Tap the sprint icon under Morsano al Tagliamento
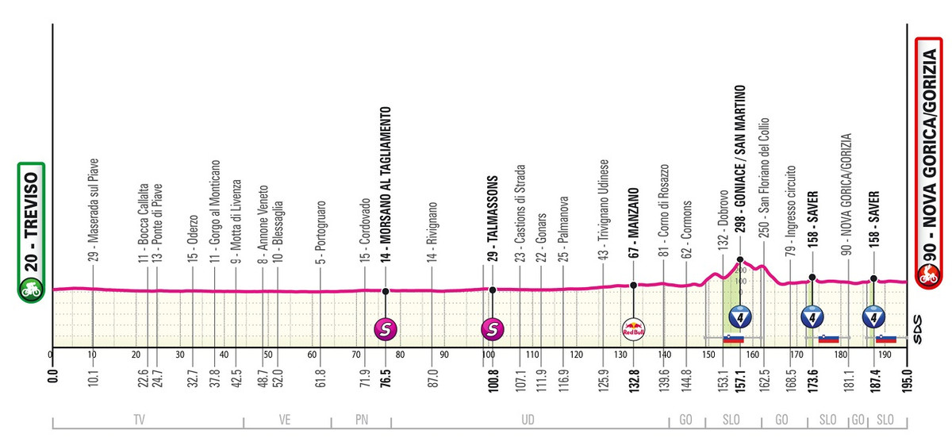tap(386, 327)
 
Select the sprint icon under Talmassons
tap(493, 327)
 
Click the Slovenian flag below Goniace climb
tap(733, 340)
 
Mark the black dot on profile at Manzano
tap(633, 285)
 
